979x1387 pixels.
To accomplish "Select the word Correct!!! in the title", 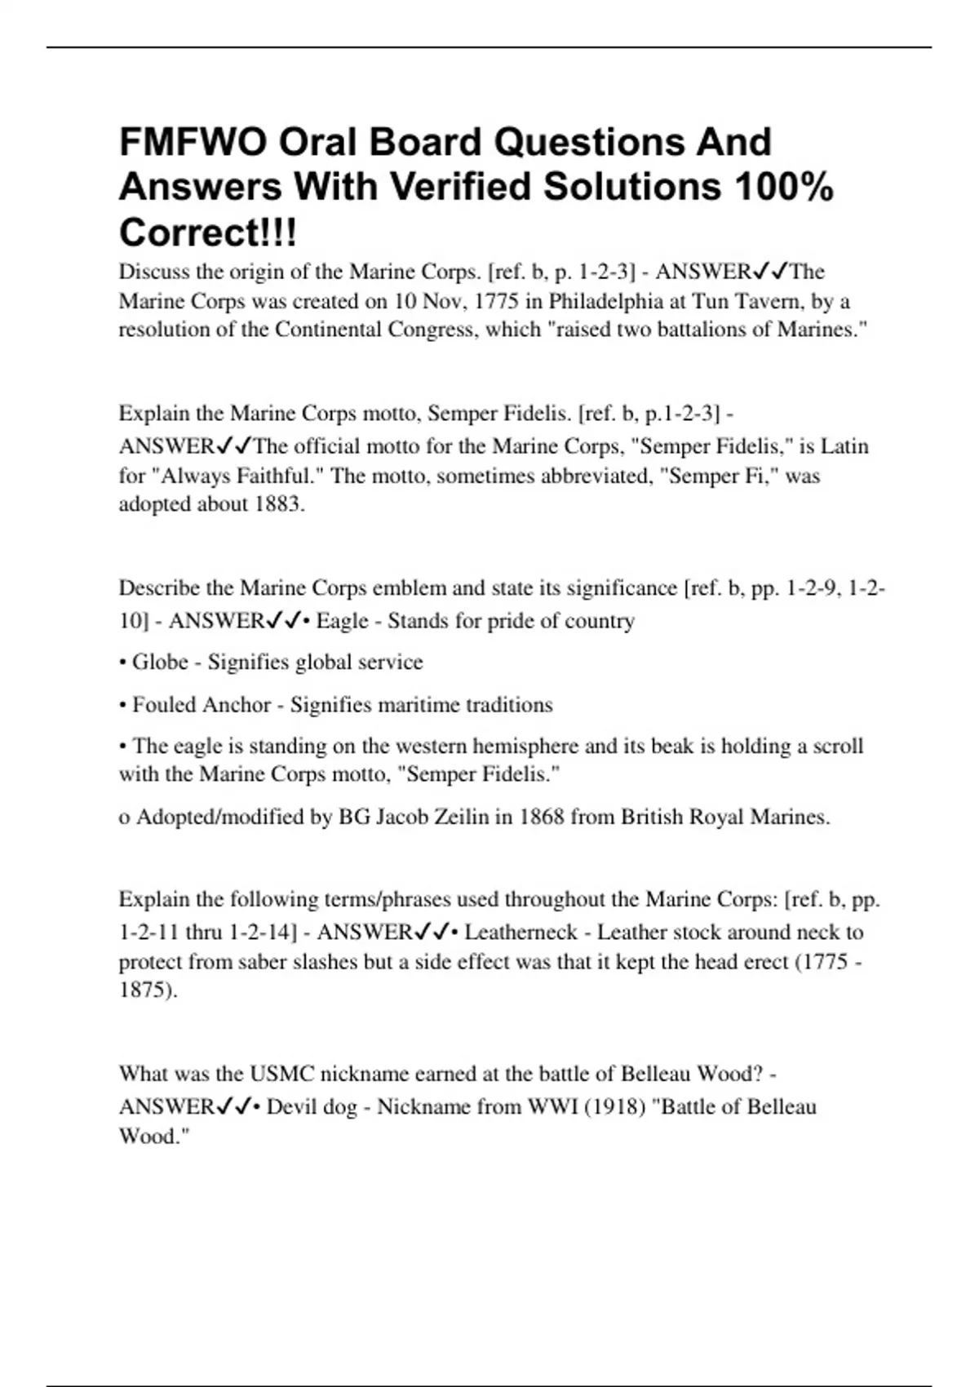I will coord(208,233).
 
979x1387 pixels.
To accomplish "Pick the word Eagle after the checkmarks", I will coord(342,621).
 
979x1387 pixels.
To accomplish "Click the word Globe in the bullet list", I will coord(160,662).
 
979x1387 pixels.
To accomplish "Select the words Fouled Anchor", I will coord(202,704).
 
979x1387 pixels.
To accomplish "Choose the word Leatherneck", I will coord(521,932).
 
